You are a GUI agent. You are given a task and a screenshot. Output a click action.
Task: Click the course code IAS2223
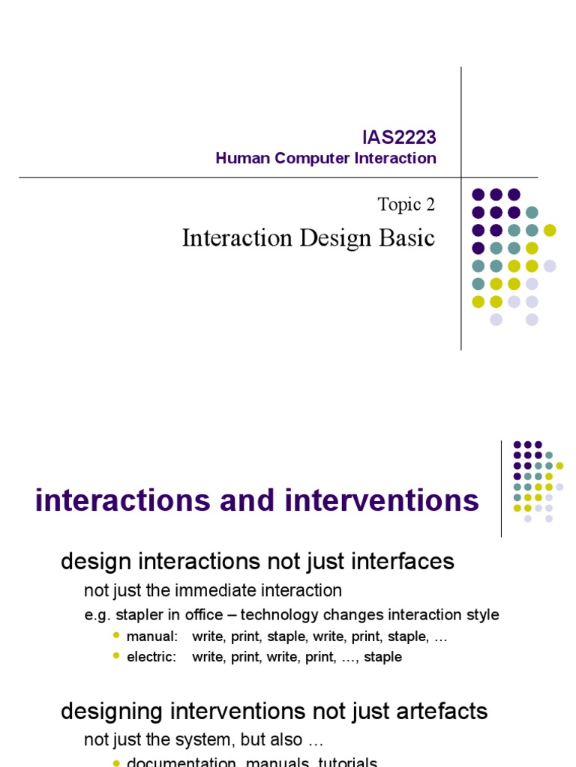[x=399, y=138]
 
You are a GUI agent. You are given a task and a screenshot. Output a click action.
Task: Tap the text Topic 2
[x=406, y=204]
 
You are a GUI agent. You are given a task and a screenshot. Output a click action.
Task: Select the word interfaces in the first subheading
[x=404, y=561]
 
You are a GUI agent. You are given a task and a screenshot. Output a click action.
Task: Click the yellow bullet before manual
[x=115, y=636]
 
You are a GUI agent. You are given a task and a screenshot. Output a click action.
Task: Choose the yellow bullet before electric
[x=115, y=656]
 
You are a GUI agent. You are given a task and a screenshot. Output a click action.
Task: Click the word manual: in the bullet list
[x=152, y=637]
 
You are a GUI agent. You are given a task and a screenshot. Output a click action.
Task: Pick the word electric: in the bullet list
[x=152, y=657]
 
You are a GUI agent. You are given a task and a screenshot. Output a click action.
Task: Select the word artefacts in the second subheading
[x=442, y=711]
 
